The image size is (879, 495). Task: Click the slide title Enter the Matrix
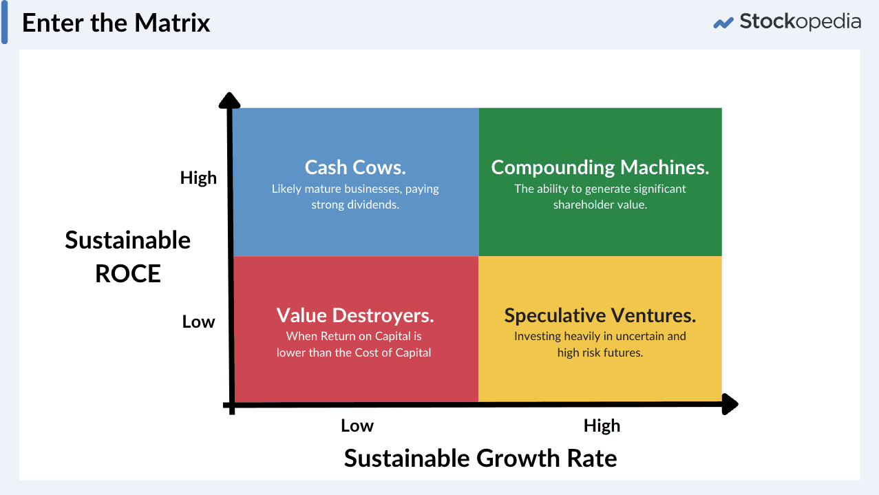(x=116, y=23)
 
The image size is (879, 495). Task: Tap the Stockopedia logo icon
(x=723, y=23)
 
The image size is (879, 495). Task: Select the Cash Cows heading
(x=355, y=167)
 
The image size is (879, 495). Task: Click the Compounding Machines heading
(x=600, y=167)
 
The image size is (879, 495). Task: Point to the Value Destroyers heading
(x=355, y=315)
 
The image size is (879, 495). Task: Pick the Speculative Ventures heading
(x=600, y=315)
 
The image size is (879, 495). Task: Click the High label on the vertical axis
(x=198, y=178)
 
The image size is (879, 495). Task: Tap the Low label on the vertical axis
(x=198, y=322)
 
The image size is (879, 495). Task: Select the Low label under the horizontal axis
(x=357, y=425)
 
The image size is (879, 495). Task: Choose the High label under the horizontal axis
(x=602, y=425)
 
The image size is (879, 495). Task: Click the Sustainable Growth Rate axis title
(x=480, y=458)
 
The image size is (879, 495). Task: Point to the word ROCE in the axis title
(x=128, y=273)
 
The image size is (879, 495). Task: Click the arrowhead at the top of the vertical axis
(x=230, y=100)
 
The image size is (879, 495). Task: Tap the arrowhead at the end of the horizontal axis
(x=731, y=404)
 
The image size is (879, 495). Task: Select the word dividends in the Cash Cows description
(x=374, y=204)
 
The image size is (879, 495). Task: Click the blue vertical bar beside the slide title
(x=5, y=23)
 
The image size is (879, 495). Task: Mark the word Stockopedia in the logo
(x=800, y=21)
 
